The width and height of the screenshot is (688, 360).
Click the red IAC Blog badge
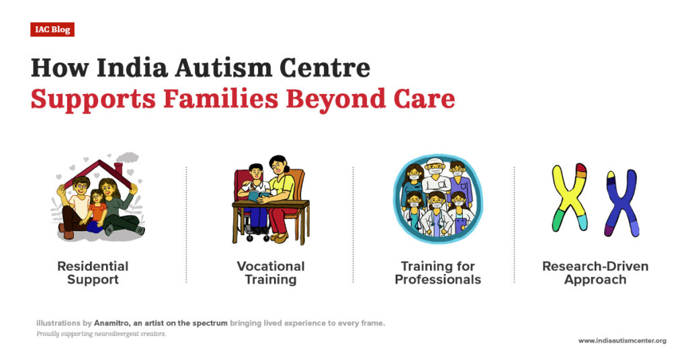pos(52,30)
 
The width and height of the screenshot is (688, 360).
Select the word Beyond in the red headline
pos(330,98)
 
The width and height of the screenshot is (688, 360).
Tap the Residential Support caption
pos(93,273)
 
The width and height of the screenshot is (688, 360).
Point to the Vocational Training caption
pos(271,273)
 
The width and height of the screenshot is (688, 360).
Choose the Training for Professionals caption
pos(437,273)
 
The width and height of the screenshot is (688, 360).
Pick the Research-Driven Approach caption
pos(595,273)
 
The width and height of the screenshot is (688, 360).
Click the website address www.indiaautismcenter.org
pos(622,341)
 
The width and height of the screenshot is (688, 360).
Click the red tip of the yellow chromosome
pos(582,170)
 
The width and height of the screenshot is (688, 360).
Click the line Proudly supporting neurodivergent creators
pos(101,334)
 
